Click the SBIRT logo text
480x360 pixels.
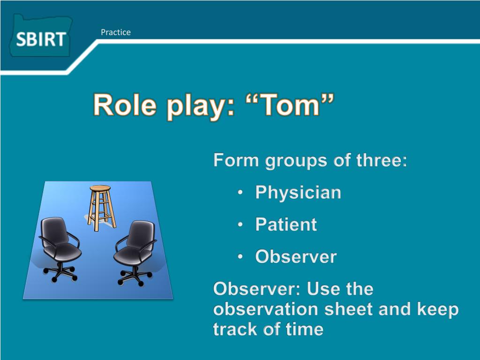click(41, 39)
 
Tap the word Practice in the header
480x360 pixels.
click(116, 32)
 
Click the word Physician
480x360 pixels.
click(298, 193)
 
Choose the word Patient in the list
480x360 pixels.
click(286, 225)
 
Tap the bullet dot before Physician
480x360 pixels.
click(240, 192)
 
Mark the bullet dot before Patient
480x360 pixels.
click(240, 225)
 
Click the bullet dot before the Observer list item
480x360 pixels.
click(240, 256)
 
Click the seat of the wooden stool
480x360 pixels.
click(100, 187)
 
